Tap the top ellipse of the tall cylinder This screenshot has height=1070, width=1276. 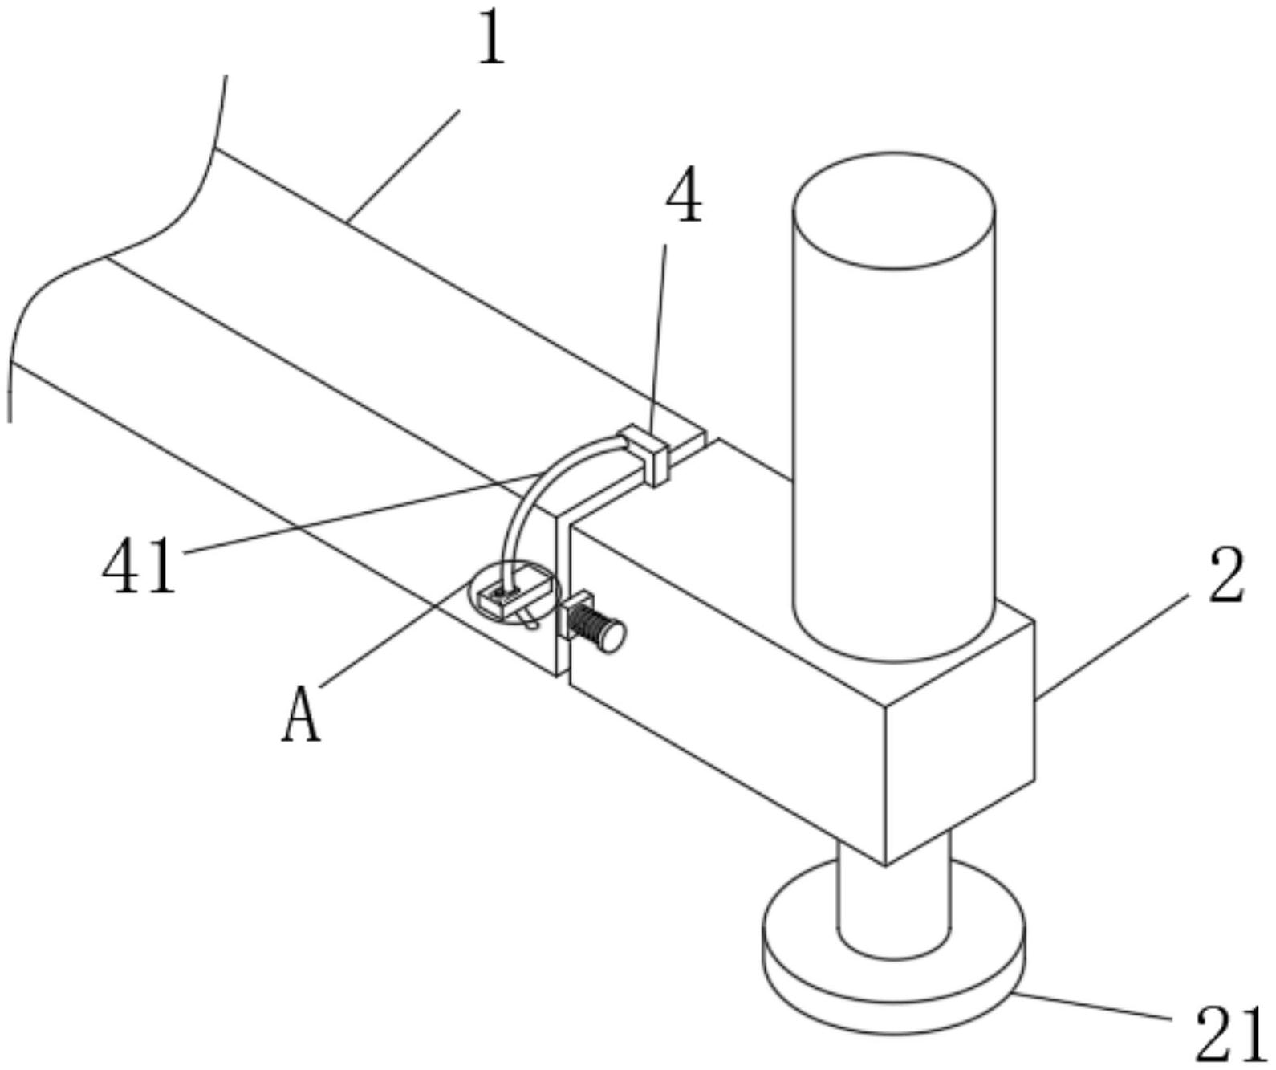[x=893, y=210]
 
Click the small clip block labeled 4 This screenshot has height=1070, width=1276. [x=645, y=454]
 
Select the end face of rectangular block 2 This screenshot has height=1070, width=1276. [x=960, y=742]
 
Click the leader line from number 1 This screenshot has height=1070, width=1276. [x=403, y=165]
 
